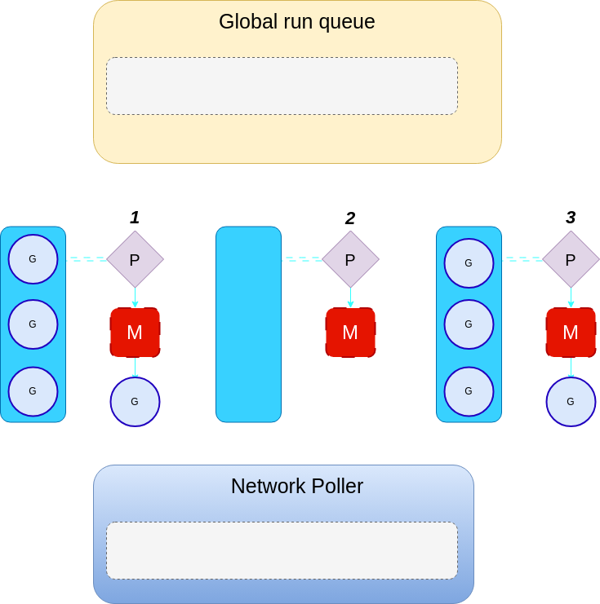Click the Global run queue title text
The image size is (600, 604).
296,22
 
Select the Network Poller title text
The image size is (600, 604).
296,487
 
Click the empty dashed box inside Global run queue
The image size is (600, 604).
282,86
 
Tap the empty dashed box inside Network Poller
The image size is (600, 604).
282,550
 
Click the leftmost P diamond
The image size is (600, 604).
135,259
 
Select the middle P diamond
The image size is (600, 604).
350,259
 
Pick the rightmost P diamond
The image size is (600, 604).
571,259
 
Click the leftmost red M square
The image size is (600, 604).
135,332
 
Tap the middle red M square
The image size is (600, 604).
350,332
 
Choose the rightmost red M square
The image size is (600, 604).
571,332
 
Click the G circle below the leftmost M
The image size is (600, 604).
135,401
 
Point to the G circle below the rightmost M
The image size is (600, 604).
571,401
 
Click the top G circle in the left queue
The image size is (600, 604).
33,259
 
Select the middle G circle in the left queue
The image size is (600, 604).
33,324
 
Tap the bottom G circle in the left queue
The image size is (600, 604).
33,391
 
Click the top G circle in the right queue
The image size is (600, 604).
469,262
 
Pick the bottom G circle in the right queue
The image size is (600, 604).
469,391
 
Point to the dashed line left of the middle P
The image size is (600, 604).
302,259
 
